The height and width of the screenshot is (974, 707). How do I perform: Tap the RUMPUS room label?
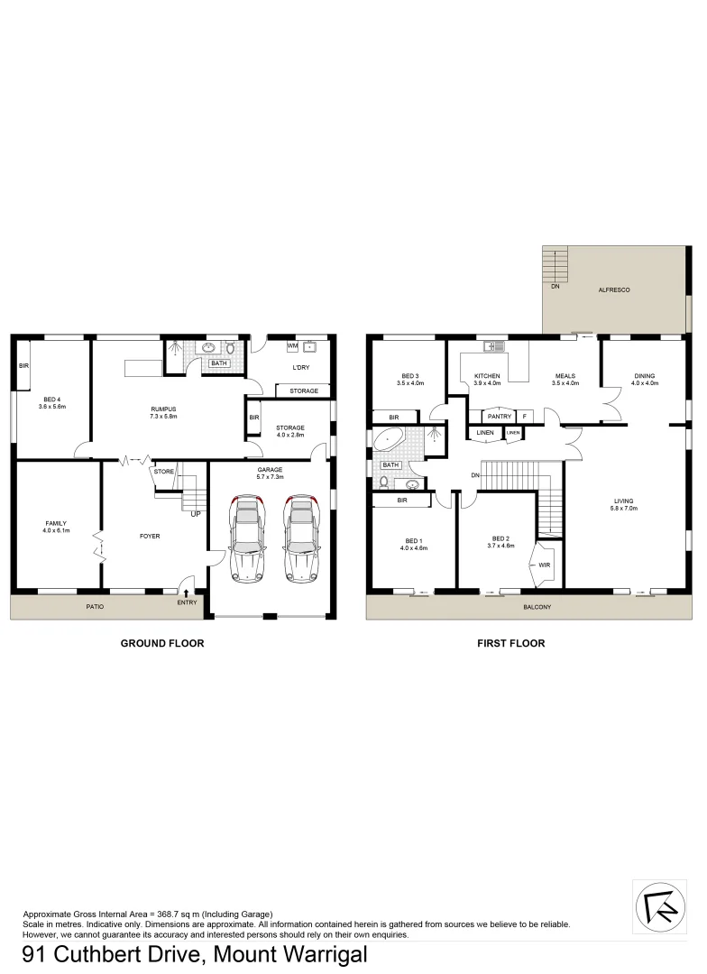coord(163,409)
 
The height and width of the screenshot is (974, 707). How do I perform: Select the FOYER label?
coord(150,536)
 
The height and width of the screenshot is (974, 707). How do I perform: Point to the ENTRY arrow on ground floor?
coord(187,593)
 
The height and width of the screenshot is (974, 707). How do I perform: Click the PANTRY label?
coord(499,416)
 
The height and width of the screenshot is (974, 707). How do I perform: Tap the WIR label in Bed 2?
coord(545,565)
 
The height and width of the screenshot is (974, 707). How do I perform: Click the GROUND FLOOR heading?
coord(162,644)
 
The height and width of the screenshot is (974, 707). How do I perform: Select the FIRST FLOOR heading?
coord(510,644)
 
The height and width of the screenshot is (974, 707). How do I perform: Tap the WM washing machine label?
coord(291,345)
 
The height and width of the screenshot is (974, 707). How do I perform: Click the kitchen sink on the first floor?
coord(491,345)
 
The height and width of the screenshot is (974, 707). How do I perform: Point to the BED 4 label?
coord(54,400)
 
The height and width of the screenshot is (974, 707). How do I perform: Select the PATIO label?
coord(94,607)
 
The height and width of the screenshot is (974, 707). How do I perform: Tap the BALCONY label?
coord(537,607)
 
